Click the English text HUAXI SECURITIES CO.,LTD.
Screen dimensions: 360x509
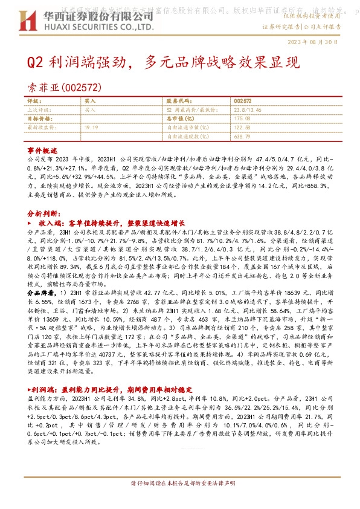click(x=76, y=28)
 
